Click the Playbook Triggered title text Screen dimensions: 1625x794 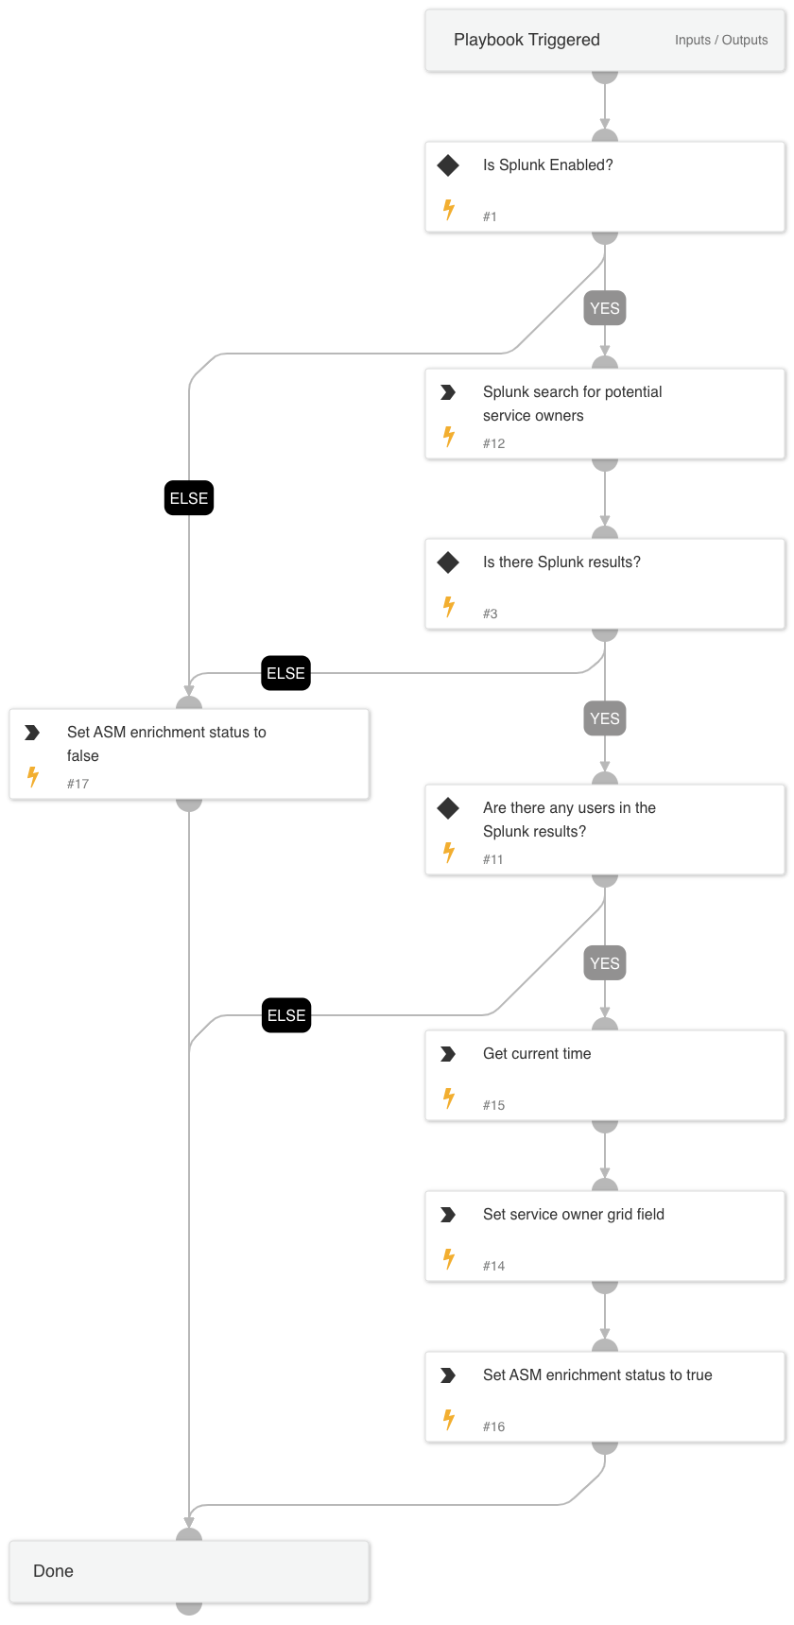[x=526, y=40]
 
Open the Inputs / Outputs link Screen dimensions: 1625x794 [x=720, y=40]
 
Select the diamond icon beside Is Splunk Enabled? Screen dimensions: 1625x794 [x=448, y=165]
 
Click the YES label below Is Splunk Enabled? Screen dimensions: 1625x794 [x=605, y=308]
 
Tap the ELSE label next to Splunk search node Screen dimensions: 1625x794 [x=189, y=498]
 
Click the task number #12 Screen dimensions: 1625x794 [x=493, y=443]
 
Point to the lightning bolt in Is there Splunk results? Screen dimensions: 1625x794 [x=449, y=606]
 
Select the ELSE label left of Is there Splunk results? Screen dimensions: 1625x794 [x=286, y=673]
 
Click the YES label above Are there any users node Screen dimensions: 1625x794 [x=605, y=718]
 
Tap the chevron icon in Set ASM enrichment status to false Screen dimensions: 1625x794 [x=32, y=733]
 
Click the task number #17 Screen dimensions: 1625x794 [x=78, y=784]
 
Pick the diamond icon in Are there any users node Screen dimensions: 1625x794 [x=448, y=808]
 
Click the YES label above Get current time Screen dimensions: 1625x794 [x=605, y=963]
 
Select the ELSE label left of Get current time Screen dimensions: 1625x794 [x=286, y=1015]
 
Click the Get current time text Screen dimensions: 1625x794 [x=537, y=1053]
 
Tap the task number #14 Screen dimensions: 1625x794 [x=493, y=1266]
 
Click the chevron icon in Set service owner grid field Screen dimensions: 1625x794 [x=448, y=1215]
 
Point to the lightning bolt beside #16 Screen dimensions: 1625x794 [x=449, y=1419]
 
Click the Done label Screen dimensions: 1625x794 [x=53, y=1571]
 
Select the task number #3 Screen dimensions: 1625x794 [x=490, y=614]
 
